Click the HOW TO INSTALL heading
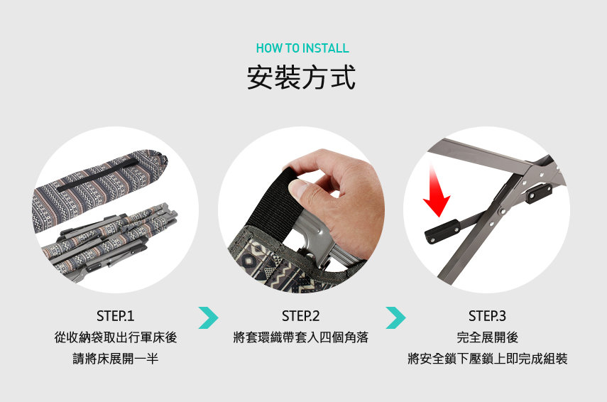coord(302,48)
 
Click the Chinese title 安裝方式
coord(302,77)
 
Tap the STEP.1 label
coord(115,316)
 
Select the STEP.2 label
coord(301,316)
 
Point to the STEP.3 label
coord(487,316)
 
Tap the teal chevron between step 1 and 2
coord(208,317)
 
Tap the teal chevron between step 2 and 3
coord(395,317)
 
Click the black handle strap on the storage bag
coord(97,175)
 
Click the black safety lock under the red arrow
coord(442,232)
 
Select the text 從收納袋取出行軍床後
coord(115,337)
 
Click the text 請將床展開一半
coord(115,358)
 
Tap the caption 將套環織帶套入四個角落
coord(301,337)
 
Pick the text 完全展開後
coord(487,337)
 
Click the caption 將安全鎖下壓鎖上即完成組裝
coord(487,358)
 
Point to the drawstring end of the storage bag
coord(162,158)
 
